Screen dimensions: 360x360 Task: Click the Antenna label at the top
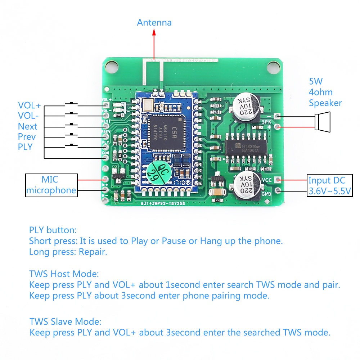[x=154, y=23]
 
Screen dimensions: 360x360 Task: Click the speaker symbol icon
[x=323, y=121]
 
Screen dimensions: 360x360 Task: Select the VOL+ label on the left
[x=30, y=105]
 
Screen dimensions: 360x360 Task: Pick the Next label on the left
[x=28, y=126]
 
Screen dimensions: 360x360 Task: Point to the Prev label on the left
[x=27, y=137]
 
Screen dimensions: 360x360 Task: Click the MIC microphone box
[x=51, y=185]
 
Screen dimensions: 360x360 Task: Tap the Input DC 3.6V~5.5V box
[x=329, y=185]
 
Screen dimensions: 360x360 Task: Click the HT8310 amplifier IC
[x=247, y=148]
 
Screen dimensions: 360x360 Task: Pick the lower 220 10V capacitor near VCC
[x=246, y=185]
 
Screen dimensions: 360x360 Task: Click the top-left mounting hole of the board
[x=112, y=66]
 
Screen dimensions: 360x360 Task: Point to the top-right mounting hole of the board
[x=274, y=66]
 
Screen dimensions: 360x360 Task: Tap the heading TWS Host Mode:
[x=64, y=274]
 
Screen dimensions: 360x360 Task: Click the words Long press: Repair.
[x=68, y=252]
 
